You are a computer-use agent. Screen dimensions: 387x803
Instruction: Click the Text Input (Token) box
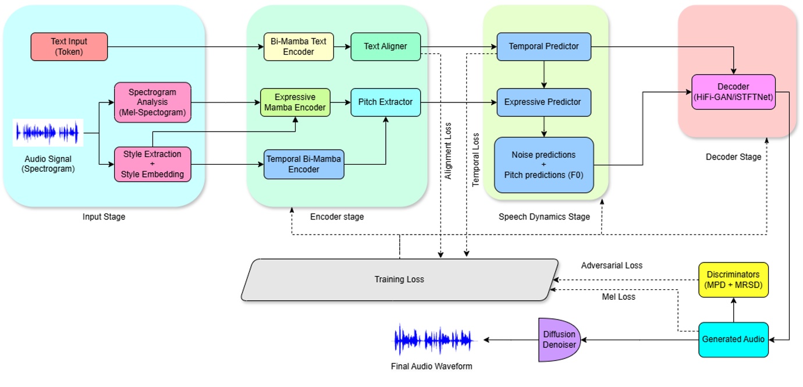(x=69, y=47)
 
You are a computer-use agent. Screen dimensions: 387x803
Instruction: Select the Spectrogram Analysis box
(x=152, y=102)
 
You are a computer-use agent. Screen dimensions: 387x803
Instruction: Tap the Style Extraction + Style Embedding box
(x=152, y=164)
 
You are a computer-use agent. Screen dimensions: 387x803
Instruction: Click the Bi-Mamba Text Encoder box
(x=299, y=47)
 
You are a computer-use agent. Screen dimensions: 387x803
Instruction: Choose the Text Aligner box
(x=385, y=47)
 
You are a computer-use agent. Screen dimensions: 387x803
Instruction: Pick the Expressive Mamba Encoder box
(x=295, y=102)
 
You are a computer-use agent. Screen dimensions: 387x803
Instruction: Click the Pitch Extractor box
(x=385, y=102)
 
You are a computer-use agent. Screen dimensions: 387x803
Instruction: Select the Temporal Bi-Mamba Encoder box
(x=304, y=164)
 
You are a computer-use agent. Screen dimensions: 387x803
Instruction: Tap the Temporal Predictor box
(x=543, y=47)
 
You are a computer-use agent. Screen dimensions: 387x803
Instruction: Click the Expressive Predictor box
(x=543, y=102)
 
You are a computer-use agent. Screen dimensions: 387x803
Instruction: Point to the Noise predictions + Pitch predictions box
(x=543, y=165)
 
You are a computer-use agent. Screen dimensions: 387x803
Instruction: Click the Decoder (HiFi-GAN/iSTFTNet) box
(x=733, y=92)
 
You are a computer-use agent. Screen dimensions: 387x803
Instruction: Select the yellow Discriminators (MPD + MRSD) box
(x=733, y=280)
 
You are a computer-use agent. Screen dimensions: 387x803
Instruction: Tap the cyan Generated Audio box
(x=733, y=339)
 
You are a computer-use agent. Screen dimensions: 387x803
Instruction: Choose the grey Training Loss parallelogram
(x=399, y=280)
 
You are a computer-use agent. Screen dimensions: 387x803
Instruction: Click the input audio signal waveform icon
(x=48, y=133)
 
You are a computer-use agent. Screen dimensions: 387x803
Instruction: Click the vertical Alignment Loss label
(x=448, y=150)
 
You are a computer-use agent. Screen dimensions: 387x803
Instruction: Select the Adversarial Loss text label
(x=612, y=265)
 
